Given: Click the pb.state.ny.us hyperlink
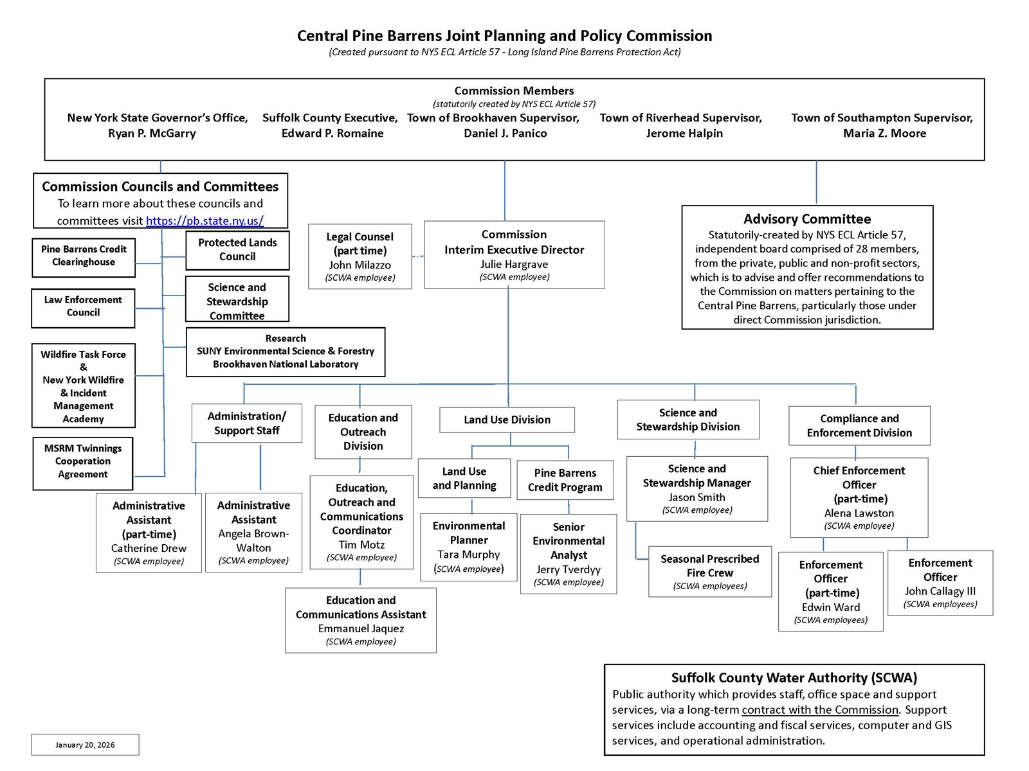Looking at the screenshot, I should (x=205, y=221).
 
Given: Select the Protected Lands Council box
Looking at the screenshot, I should (x=237, y=250).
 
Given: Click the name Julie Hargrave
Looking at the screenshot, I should (x=514, y=264).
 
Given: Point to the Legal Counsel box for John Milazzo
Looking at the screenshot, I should (x=360, y=256).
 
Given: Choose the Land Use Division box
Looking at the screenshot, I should (x=507, y=420).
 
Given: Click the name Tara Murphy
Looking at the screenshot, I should (x=468, y=554).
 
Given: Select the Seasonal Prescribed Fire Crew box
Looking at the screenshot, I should (x=709, y=571).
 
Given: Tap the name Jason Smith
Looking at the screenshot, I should (x=697, y=497).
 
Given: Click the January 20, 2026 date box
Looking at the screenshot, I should (x=85, y=745).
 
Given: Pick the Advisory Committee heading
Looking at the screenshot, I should (x=806, y=219).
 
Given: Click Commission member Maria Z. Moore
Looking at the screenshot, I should (x=884, y=134).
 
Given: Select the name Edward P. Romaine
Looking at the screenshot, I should (x=332, y=134).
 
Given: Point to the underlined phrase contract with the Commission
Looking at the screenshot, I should (x=819, y=710).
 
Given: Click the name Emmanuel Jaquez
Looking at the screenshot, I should (x=361, y=628).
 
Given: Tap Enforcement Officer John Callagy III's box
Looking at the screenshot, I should (x=940, y=583).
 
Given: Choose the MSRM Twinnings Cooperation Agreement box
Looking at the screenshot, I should (x=83, y=461).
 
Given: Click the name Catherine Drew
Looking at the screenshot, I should (x=149, y=548).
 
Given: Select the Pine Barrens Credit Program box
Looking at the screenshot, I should (x=565, y=480).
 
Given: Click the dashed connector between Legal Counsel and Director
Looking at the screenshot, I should (x=418, y=256).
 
